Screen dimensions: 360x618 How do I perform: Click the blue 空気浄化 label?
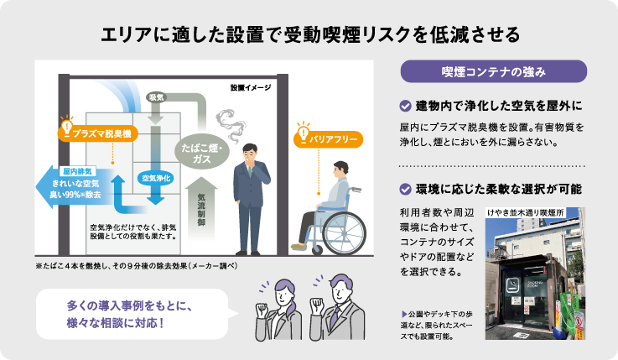tap(156, 178)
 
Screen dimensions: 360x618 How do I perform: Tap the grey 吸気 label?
tap(156, 98)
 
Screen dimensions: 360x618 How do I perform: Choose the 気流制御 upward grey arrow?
tap(202, 204)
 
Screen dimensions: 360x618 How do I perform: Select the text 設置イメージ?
tap(248, 87)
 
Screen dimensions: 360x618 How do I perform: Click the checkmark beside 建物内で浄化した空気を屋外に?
tap(404, 106)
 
